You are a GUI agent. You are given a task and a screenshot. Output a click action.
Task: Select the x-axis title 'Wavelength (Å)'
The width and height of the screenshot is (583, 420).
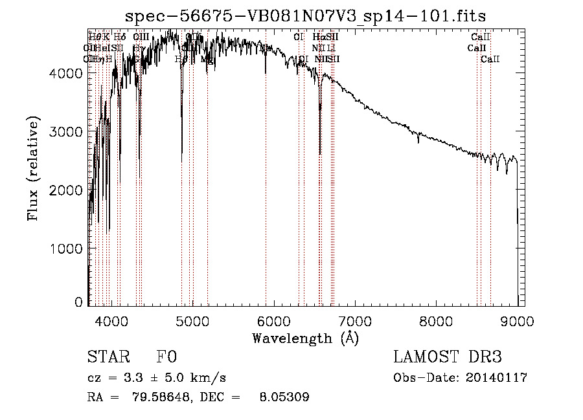tap(305, 338)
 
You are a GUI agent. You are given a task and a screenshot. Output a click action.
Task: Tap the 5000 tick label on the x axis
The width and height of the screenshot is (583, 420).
tap(192, 320)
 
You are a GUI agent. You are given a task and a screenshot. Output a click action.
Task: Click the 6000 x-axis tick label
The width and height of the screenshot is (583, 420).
tap(274, 320)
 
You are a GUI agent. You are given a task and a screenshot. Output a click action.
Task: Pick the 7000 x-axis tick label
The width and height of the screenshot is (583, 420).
tap(355, 320)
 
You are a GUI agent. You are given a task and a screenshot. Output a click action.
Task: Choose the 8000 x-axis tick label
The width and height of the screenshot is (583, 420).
tap(437, 320)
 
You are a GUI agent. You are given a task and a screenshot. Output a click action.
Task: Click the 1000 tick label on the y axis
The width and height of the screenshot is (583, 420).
tap(67, 249)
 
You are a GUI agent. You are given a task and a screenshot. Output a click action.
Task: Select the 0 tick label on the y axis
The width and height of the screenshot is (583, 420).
tap(78, 302)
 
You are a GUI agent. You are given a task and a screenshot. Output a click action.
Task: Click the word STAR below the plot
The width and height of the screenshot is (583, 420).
tap(107, 357)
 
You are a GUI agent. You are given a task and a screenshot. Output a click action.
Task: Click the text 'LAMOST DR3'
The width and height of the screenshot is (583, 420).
tap(448, 357)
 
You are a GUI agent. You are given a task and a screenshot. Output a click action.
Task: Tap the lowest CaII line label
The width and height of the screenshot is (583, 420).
tap(490, 59)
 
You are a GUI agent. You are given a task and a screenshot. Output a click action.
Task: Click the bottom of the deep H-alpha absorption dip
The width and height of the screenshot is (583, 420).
tap(320, 153)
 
